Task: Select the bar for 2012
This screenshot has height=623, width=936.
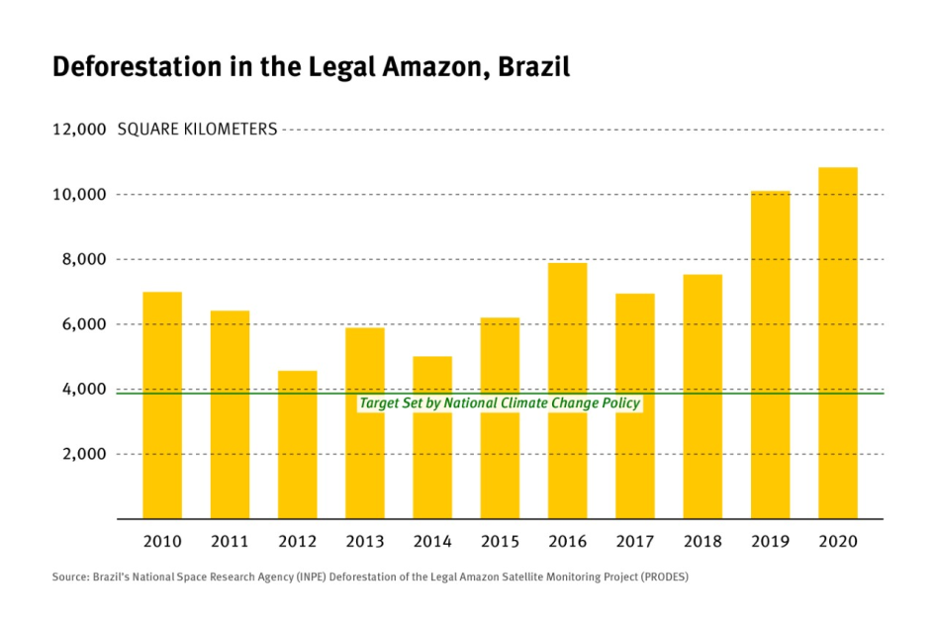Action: tap(297, 445)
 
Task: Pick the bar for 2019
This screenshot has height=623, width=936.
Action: tap(770, 355)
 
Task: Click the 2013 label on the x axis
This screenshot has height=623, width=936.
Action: tap(364, 542)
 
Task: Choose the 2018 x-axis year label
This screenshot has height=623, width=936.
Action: tap(702, 542)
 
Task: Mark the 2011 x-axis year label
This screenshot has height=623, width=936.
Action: tap(230, 542)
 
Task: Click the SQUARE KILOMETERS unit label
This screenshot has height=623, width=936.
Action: tap(197, 130)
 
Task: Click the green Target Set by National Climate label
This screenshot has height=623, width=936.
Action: tap(500, 403)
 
